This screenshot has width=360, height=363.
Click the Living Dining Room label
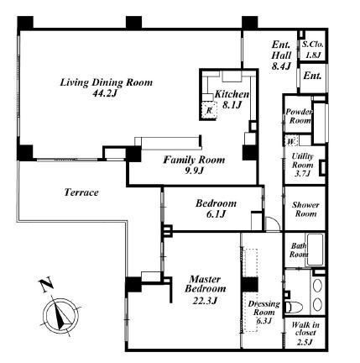click(x=107, y=82)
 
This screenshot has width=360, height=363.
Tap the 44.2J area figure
click(x=104, y=93)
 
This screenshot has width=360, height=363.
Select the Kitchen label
click(x=232, y=94)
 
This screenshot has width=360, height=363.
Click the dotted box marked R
click(x=209, y=110)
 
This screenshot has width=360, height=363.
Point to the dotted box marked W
click(x=291, y=141)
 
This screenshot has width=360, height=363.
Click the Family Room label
click(x=194, y=160)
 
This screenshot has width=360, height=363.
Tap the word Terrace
click(x=81, y=192)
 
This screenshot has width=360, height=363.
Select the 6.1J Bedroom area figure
click(x=217, y=214)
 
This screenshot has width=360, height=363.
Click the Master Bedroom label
click(x=205, y=284)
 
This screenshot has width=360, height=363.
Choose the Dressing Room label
click(x=263, y=308)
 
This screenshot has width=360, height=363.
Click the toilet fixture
click(x=294, y=308)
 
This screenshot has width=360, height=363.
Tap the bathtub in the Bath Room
click(x=316, y=250)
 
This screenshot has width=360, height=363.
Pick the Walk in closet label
click(x=305, y=329)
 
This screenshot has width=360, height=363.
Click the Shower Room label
click(x=305, y=209)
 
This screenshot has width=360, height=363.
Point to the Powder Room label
click(x=299, y=116)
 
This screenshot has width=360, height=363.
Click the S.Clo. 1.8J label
click(x=313, y=50)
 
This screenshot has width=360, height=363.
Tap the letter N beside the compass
click(x=46, y=285)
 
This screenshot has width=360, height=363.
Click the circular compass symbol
click(x=60, y=316)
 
